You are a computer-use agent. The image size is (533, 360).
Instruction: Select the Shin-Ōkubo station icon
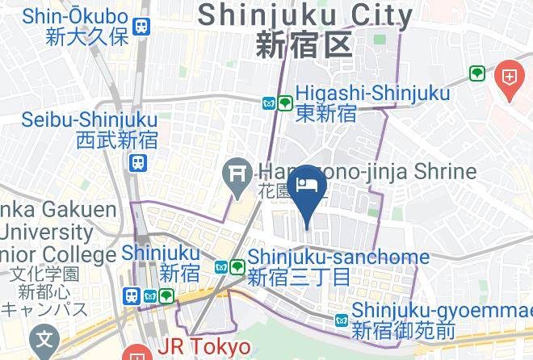pos(144,27)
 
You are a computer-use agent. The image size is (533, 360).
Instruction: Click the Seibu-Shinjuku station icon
pos(138,163)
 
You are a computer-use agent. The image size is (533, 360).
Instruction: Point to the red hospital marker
pos(510,78)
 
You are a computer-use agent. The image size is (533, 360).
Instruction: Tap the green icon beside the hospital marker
pos(477,74)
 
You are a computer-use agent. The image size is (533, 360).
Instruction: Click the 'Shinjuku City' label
pos(304,15)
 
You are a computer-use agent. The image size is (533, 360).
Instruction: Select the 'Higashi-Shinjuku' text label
pos(372,94)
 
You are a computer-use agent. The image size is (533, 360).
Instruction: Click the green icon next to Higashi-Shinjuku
pos(285,103)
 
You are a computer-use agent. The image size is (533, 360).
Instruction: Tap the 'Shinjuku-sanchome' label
pos(338,257)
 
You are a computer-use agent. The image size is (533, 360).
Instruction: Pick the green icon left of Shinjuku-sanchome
pos(237,266)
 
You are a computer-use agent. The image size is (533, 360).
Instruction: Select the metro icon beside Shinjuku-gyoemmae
pos(342,320)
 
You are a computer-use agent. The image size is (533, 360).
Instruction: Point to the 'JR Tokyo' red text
pos(204,346)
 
